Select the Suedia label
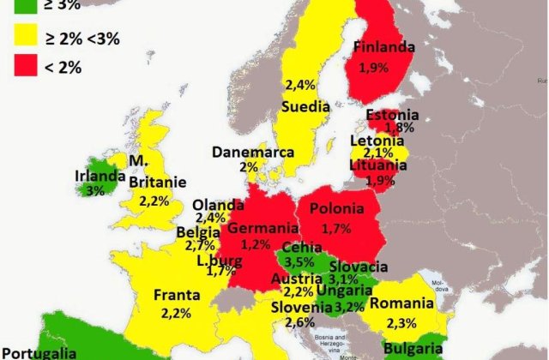(x=306, y=107)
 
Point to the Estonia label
(x=392, y=114)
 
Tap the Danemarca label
(x=254, y=153)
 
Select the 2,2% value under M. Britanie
(x=157, y=200)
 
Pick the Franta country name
(x=177, y=296)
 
